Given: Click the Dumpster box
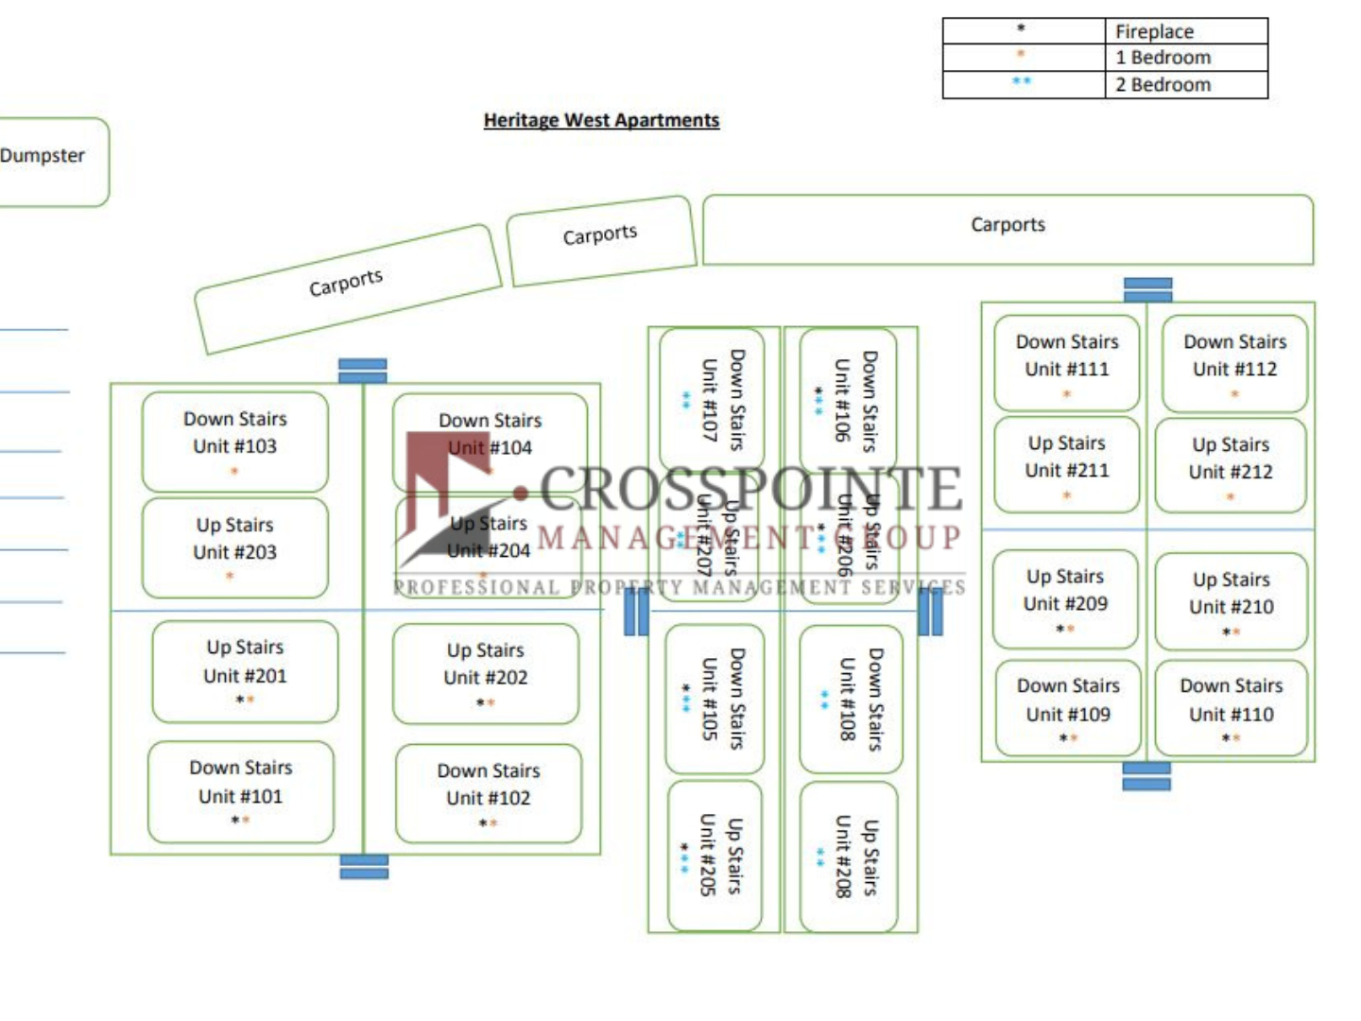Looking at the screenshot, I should click(x=47, y=161).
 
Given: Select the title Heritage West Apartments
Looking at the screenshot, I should click(x=601, y=120).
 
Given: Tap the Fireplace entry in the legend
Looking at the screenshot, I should click(x=1154, y=31).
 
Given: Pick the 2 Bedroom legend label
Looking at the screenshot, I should click(x=1163, y=84).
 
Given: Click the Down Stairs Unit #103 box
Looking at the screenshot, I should click(x=235, y=441).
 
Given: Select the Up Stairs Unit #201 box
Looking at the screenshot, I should click(x=245, y=671).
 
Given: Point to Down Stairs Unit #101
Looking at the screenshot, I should click(x=241, y=792).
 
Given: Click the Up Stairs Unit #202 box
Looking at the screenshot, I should click(x=486, y=673).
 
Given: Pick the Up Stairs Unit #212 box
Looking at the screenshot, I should click(x=1231, y=466).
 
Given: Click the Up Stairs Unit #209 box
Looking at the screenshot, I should click(x=1065, y=598).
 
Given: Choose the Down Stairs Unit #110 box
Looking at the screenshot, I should click(x=1232, y=708).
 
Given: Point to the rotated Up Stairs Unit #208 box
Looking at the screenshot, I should click(x=849, y=857).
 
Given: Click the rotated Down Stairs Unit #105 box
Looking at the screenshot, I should click(x=715, y=698).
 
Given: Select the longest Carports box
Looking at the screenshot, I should click(x=1008, y=229).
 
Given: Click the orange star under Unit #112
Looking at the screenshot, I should click(x=1234, y=393).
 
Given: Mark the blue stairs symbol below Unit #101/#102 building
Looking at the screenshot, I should click(x=364, y=867).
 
